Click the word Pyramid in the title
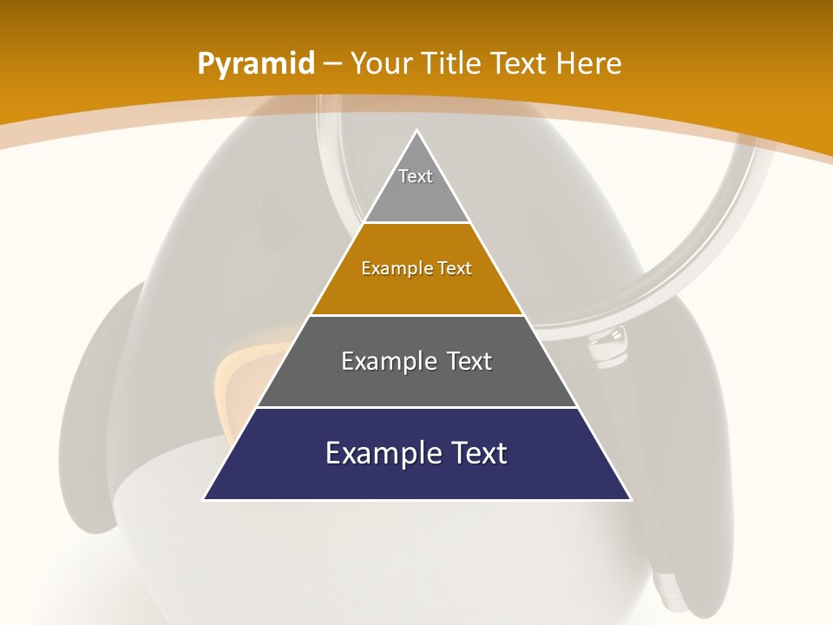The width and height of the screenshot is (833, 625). click(x=256, y=64)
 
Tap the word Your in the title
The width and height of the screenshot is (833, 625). click(x=380, y=63)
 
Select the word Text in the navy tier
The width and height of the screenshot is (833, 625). click(x=478, y=453)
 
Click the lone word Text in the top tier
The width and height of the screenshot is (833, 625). click(x=416, y=176)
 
